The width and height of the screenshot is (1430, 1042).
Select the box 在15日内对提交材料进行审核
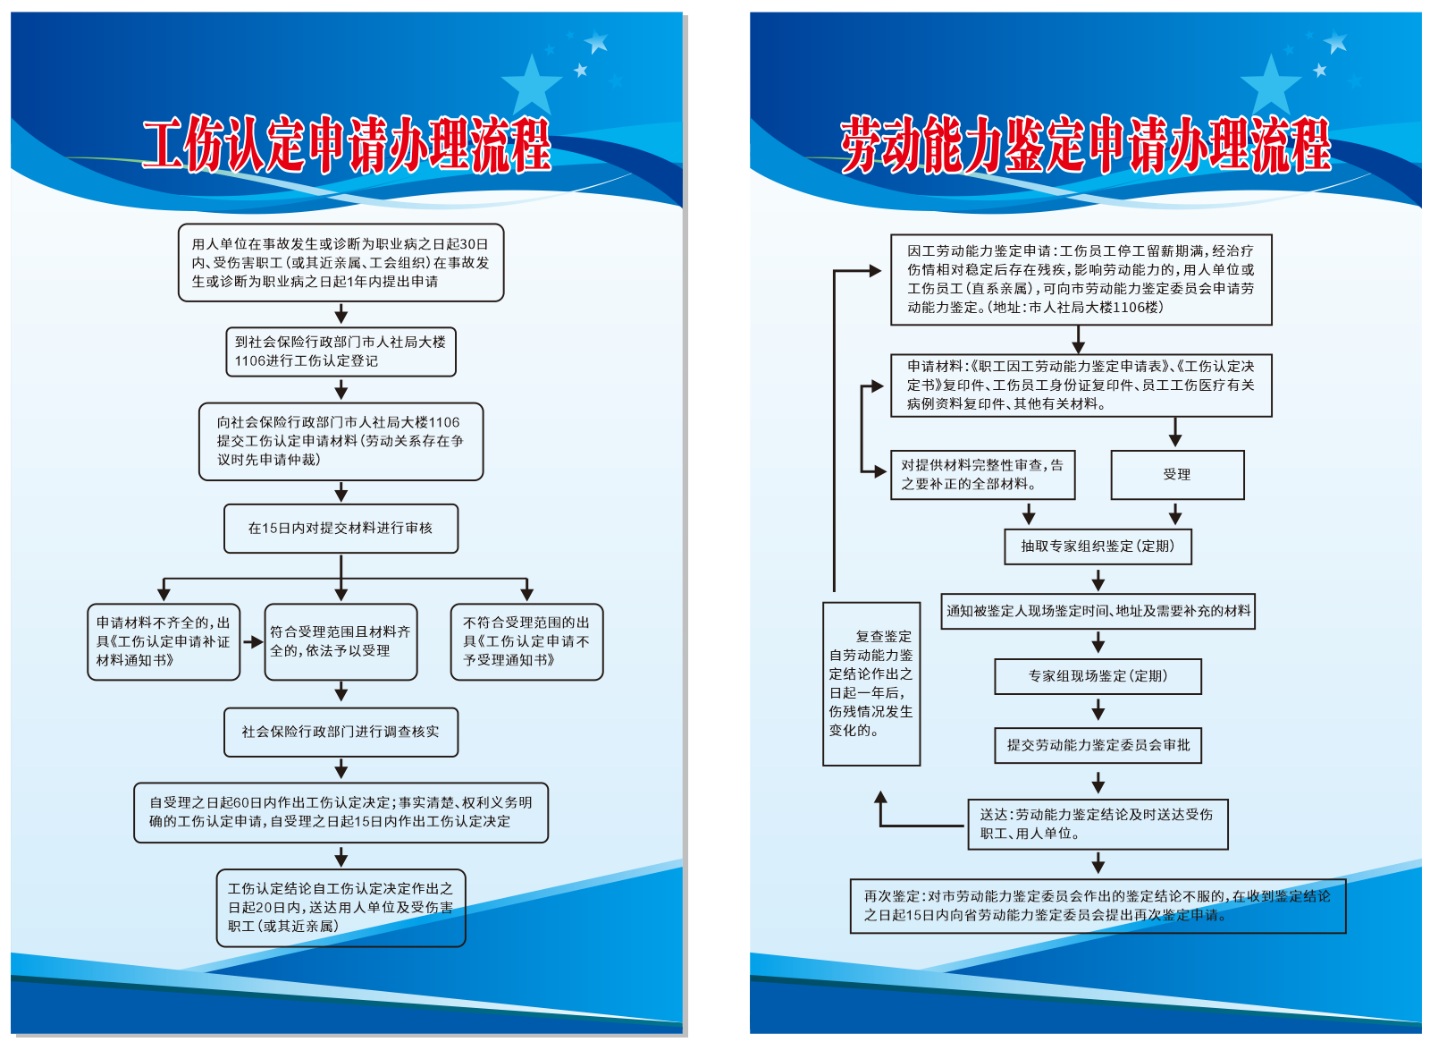[x=341, y=529]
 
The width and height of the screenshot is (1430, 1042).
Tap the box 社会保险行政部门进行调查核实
[x=341, y=732]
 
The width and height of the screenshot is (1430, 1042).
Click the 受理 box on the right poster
[x=1177, y=474]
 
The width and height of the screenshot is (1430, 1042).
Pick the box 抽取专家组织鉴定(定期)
[x=1098, y=546]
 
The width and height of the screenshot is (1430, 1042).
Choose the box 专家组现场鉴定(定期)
[x=1098, y=676]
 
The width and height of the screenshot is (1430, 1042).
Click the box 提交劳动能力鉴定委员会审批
[x=1098, y=745]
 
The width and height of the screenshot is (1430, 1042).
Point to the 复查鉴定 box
[x=871, y=683]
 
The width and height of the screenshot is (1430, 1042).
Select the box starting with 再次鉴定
[x=1098, y=905]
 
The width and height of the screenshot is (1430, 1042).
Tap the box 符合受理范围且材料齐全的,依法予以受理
[x=341, y=641]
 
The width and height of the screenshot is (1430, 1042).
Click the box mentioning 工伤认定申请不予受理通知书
[x=526, y=641]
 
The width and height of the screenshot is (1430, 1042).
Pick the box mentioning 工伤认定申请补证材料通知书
[x=164, y=641]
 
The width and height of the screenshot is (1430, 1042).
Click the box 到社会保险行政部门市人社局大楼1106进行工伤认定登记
[x=341, y=352]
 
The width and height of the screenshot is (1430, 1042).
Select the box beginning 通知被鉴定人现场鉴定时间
[x=1098, y=611]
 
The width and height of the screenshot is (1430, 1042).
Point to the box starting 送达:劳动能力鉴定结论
[x=1098, y=824]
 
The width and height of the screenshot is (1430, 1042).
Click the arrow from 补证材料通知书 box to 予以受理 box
[x=253, y=641]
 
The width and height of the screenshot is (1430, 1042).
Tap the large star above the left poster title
[x=532, y=84]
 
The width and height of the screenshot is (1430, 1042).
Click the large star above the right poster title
[x=1271, y=84]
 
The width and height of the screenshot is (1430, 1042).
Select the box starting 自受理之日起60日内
[x=341, y=812]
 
